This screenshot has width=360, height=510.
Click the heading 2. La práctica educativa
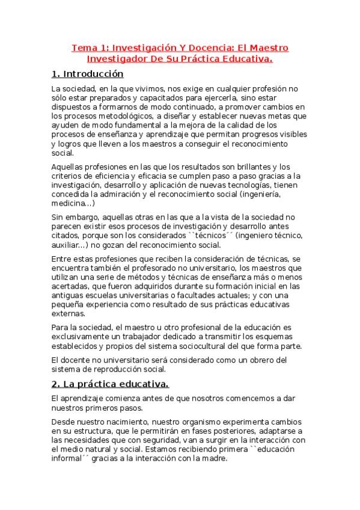pos(110,383)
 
